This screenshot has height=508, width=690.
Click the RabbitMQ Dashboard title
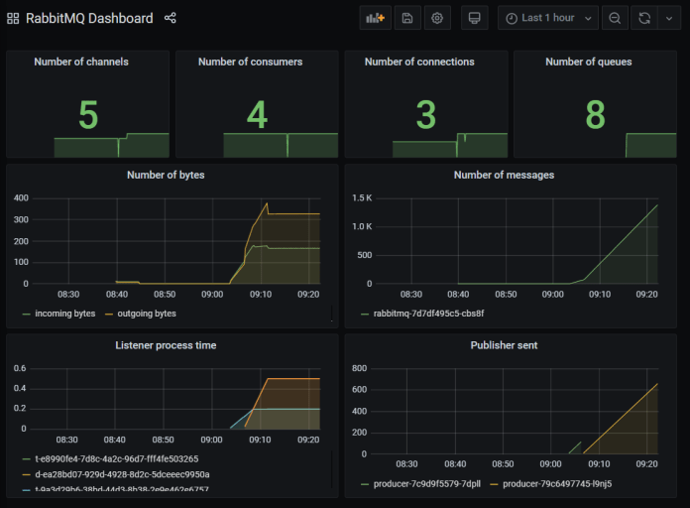click(89, 18)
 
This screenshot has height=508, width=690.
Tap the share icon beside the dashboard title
click(170, 18)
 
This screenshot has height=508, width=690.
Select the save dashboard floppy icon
click(405, 18)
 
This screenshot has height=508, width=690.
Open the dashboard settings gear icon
click(436, 18)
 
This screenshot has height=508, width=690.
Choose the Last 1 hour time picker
click(548, 18)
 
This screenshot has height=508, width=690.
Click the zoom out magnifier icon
click(616, 18)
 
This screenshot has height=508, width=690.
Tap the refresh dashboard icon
click(645, 18)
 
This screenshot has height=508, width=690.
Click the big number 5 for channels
click(88, 116)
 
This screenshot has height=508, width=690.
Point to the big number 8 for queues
click(595, 116)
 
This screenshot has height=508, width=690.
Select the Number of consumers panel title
click(257, 62)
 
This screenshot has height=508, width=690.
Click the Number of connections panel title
click(425, 62)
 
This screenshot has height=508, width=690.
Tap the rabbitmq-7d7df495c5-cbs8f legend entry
click(427, 314)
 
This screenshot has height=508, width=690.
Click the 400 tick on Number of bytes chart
click(21, 197)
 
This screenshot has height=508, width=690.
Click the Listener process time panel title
click(166, 344)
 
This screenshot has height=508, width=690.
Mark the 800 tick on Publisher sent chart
click(359, 368)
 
